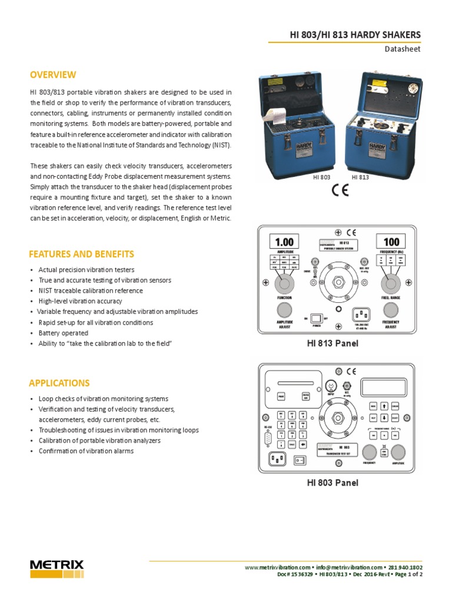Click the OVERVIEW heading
tap(53, 75)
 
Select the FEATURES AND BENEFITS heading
tap(81, 254)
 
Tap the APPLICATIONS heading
tap(59, 383)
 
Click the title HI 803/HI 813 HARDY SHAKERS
tap(355, 35)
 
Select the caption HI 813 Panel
tap(333, 343)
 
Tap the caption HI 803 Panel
tap(333, 483)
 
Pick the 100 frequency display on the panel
tap(391, 241)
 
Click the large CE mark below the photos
tap(340, 192)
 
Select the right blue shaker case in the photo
tap(385, 123)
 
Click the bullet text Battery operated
tap(64, 333)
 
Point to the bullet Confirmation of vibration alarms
tap(86, 451)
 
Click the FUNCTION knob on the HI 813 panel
tap(284, 285)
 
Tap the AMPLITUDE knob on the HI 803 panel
tap(398, 451)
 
